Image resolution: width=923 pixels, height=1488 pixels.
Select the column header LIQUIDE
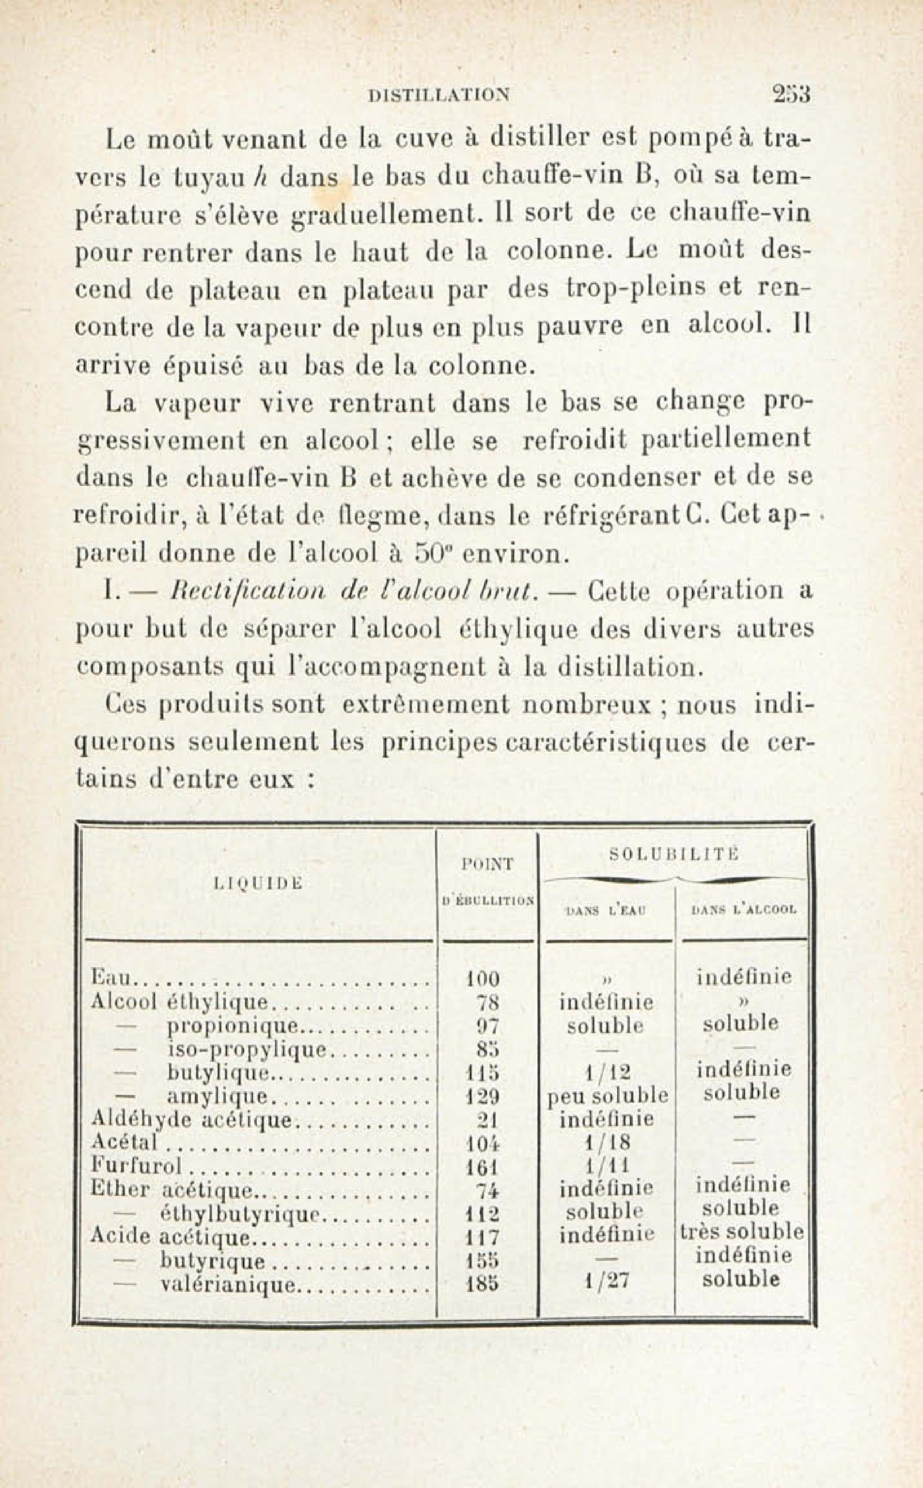[258, 883]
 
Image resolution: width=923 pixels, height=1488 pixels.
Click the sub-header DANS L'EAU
[606, 911]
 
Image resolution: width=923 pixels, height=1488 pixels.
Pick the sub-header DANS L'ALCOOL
[744, 911]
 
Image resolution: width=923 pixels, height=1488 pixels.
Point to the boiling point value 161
[482, 1168]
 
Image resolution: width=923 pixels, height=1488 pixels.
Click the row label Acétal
[124, 1142]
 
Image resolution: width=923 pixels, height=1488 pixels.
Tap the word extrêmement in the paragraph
[425, 705]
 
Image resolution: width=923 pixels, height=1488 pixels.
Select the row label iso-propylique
[247, 1049]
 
